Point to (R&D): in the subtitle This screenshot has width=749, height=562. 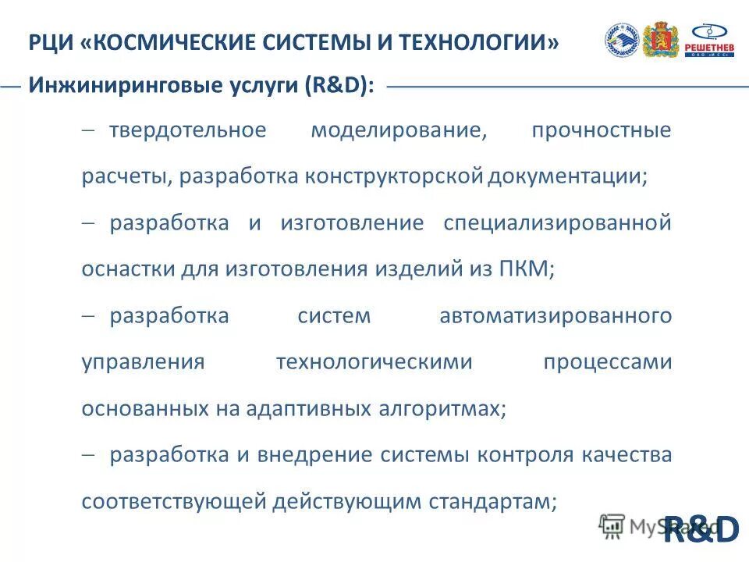pyautogui.click(x=339, y=87)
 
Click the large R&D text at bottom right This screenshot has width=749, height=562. pyautogui.click(x=700, y=530)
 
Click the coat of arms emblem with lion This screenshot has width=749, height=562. pyautogui.click(x=661, y=40)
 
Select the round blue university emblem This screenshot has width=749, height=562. pyautogui.click(x=622, y=40)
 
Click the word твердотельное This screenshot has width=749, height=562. pyautogui.click(x=187, y=130)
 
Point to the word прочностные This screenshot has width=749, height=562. pyautogui.click(x=601, y=130)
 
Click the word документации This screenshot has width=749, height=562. pyautogui.click(x=567, y=176)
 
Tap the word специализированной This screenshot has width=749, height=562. pyautogui.click(x=557, y=223)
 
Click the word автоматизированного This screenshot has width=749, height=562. pyautogui.click(x=556, y=316)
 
